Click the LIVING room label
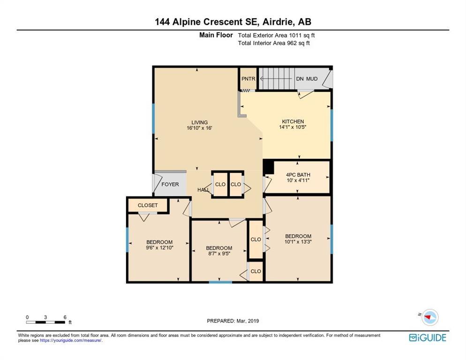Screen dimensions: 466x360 click(199, 122)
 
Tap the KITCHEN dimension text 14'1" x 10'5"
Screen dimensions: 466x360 click(293, 127)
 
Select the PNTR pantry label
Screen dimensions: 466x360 click(248, 79)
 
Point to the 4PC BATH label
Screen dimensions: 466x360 click(298, 175)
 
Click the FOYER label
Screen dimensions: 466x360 click(170, 184)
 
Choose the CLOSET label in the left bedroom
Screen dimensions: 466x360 click(148, 205)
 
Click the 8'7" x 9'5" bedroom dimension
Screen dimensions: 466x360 click(219, 254)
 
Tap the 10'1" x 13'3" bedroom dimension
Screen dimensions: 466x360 click(298, 242)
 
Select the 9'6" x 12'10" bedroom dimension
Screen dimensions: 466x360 click(159, 247)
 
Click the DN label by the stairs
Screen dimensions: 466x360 click(300, 79)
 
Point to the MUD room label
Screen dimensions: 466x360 click(312, 79)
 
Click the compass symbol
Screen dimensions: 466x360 click(430, 317)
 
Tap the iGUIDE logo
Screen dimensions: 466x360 click(428, 337)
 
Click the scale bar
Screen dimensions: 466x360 click(46, 322)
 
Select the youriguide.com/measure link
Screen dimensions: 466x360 click(71, 341)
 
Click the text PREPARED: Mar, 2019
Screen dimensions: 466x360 click(233, 321)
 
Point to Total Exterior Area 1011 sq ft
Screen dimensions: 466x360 click(276, 35)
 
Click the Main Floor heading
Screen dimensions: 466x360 click(216, 35)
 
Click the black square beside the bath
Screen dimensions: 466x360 click(269, 167)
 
